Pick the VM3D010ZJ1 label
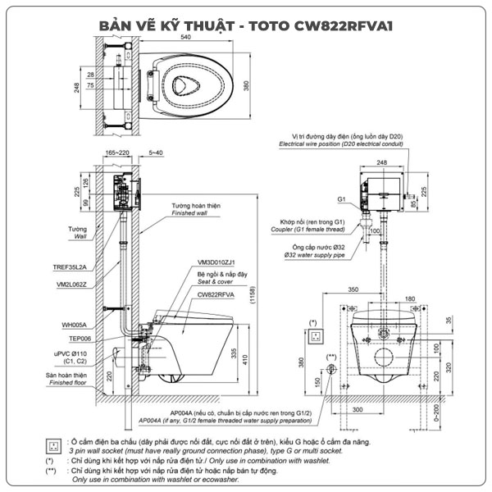click(216, 262)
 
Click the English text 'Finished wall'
click(189, 213)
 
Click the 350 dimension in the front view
click(352, 290)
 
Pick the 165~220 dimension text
click(118, 153)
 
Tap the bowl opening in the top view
click(194, 83)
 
